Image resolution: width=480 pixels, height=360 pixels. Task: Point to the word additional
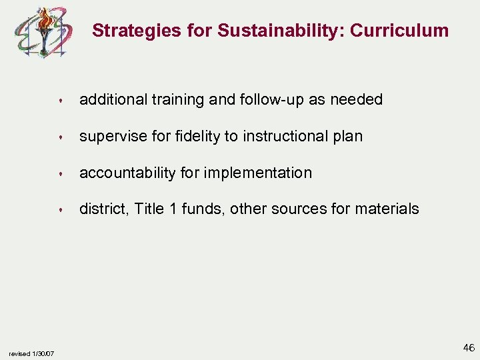(x=110, y=100)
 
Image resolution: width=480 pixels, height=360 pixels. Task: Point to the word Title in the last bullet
(x=149, y=209)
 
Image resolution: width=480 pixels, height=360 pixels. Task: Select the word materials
(x=387, y=209)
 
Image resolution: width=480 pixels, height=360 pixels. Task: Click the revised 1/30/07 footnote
(x=32, y=353)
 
